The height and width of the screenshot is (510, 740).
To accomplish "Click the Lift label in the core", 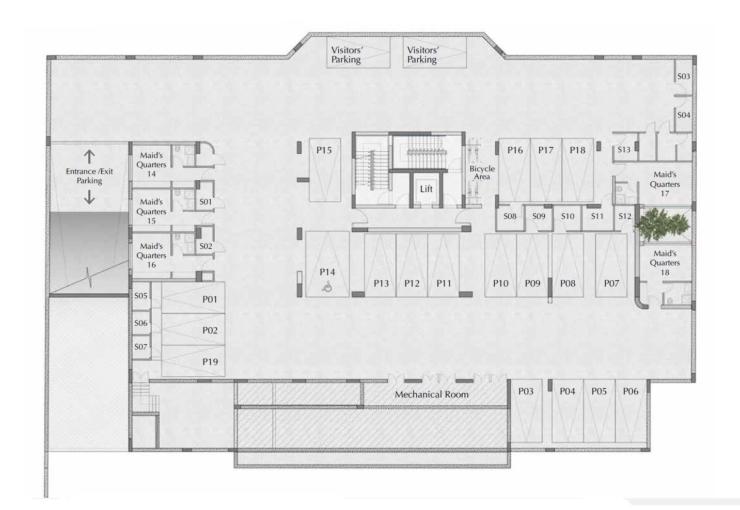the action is (x=426, y=189).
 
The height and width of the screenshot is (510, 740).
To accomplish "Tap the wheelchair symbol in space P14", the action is (x=327, y=286).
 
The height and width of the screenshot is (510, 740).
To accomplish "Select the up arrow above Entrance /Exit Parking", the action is (x=89, y=156).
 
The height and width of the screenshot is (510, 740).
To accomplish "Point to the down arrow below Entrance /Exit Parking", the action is (x=89, y=198).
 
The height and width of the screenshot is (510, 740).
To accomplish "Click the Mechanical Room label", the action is (x=431, y=394).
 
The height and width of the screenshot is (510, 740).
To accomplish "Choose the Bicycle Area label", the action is (x=482, y=172).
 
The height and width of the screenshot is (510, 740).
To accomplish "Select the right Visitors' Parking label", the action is (x=423, y=55).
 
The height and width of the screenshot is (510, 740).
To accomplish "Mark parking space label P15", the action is (x=324, y=150).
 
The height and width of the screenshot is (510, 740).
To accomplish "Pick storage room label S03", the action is (x=684, y=76).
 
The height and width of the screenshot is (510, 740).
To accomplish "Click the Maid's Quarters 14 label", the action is (x=151, y=165).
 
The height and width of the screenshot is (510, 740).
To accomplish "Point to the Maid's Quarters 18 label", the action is (x=665, y=263).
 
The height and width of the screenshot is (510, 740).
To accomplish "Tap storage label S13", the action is (x=624, y=150).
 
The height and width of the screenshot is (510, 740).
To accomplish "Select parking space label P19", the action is (x=210, y=362).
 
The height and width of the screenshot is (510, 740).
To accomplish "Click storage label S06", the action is (x=141, y=323).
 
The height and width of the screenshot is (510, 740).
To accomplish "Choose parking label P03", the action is (x=526, y=391).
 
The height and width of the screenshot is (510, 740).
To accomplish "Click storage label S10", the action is (x=568, y=216).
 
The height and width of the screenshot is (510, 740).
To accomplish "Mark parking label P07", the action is (x=611, y=283).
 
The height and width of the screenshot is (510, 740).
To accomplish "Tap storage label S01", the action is (x=206, y=202).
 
